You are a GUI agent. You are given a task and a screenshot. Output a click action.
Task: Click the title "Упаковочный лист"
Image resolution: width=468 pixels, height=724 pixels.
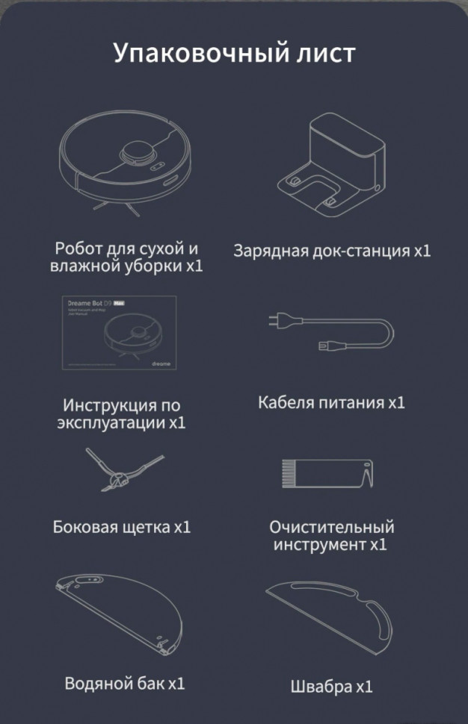234,54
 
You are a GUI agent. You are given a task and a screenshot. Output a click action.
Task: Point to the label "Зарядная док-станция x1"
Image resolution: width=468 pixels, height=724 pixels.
332,251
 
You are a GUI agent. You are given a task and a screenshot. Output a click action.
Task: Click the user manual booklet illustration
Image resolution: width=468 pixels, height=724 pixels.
120,332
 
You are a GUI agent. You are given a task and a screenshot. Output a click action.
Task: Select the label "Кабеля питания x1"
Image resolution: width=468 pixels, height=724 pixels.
331,403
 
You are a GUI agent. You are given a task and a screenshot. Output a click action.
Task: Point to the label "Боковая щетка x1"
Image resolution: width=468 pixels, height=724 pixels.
122,527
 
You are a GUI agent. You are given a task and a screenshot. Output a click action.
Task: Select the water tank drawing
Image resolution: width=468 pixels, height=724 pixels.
120,611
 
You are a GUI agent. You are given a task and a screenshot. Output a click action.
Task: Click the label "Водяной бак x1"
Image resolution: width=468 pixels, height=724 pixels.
125,683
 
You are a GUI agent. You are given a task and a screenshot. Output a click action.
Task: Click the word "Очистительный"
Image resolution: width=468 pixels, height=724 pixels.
331,527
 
